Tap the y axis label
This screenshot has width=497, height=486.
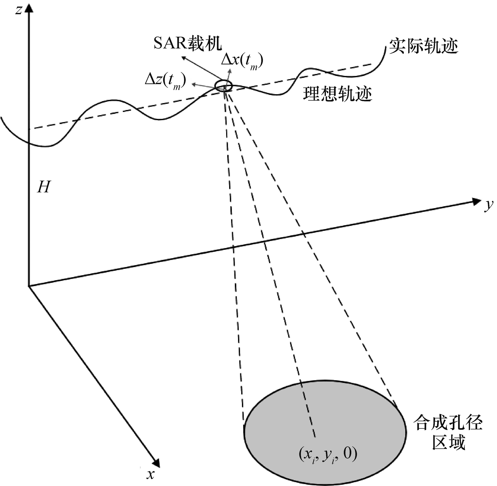[x=488, y=205]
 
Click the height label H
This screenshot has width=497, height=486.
[x=44, y=187]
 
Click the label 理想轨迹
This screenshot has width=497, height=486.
[x=337, y=94]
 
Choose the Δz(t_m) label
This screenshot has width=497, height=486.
[x=165, y=81]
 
